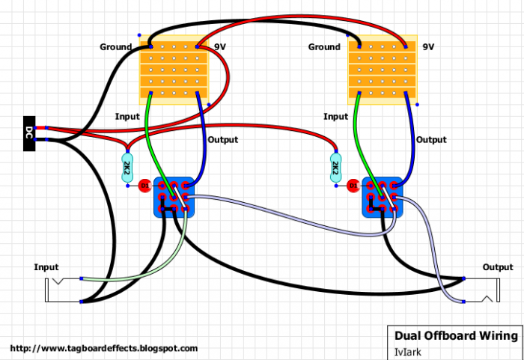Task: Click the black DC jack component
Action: pyautogui.click(x=29, y=133)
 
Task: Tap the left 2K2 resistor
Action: pyautogui.click(x=127, y=168)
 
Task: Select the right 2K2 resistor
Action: pyautogui.click(x=335, y=168)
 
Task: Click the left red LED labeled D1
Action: pyautogui.click(x=144, y=186)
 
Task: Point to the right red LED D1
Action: pyautogui.click(x=353, y=186)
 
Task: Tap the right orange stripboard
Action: pyautogui.click(x=383, y=70)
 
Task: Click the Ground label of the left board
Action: pyautogui.click(x=115, y=47)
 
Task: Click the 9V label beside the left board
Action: pyautogui.click(x=220, y=47)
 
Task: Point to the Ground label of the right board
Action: pyautogui.click(x=324, y=47)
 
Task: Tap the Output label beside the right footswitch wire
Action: pyautogui.click(x=430, y=140)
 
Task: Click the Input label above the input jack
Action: pyautogui.click(x=46, y=267)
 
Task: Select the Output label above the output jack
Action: pyautogui.click(x=498, y=267)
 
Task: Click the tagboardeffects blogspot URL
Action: pyautogui.click(x=104, y=349)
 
